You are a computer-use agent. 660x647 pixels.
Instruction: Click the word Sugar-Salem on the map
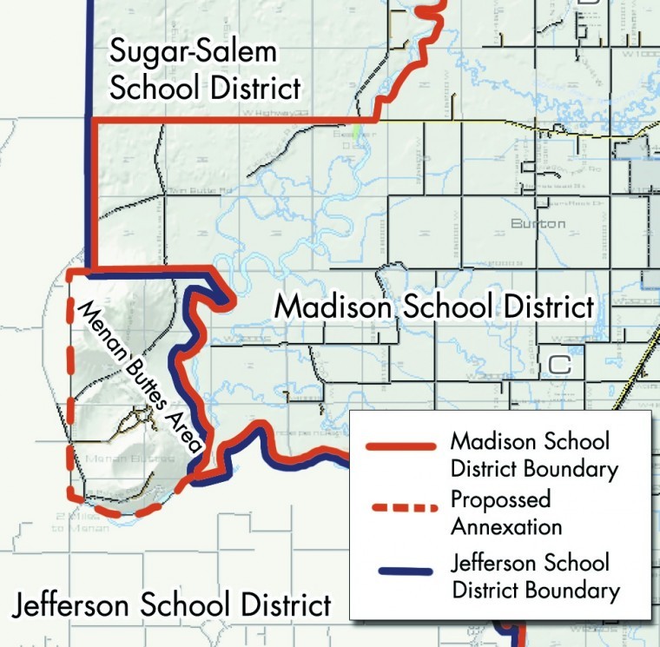click(x=193, y=51)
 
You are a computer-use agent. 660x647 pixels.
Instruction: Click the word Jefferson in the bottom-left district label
click(x=86, y=604)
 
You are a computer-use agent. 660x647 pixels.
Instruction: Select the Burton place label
click(x=538, y=224)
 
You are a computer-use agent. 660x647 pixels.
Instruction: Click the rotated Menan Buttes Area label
click(x=139, y=374)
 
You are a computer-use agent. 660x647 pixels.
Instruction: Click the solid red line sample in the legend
click(x=400, y=446)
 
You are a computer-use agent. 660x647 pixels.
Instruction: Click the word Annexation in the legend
click(x=506, y=526)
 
